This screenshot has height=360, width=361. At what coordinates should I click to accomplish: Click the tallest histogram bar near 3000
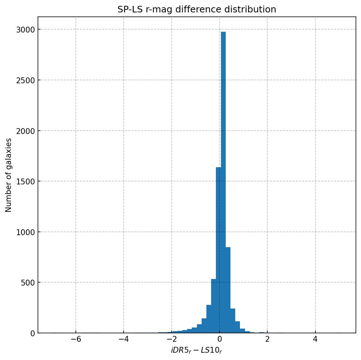(223, 183)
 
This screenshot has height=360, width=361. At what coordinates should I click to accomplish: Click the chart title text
(197, 9)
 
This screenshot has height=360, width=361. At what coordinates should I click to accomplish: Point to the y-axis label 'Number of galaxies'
(9, 175)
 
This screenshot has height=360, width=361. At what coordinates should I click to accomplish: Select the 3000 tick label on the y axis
(23, 30)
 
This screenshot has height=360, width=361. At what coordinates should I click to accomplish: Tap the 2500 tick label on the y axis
(23, 80)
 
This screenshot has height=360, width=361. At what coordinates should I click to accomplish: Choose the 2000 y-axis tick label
(23, 131)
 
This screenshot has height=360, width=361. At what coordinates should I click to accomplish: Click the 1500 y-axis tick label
(23, 181)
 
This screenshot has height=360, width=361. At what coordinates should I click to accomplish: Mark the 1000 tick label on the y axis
(23, 232)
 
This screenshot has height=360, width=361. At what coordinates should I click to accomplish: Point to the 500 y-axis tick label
(25, 283)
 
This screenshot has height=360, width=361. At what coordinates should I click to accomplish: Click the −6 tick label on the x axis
(75, 339)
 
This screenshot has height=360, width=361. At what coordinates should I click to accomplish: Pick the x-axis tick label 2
(267, 339)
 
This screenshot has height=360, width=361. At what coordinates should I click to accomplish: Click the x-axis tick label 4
(315, 339)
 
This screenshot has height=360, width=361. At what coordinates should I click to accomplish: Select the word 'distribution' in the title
(252, 9)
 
